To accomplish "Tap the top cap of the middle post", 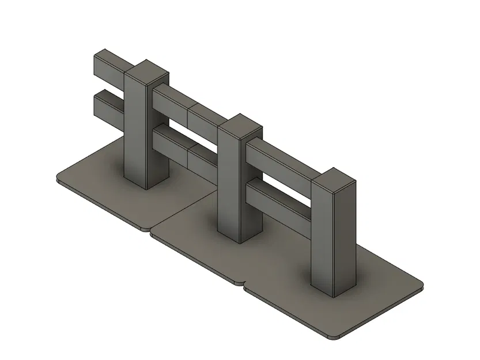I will tap(240, 128).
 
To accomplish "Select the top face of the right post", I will tap(333, 180).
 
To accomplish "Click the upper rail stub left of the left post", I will tap(109, 67).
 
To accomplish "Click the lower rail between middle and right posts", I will tap(279, 199).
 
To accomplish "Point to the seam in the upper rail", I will tap(188, 113).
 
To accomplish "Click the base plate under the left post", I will tap(104, 184).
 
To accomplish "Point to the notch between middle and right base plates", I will tap(242, 283).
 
